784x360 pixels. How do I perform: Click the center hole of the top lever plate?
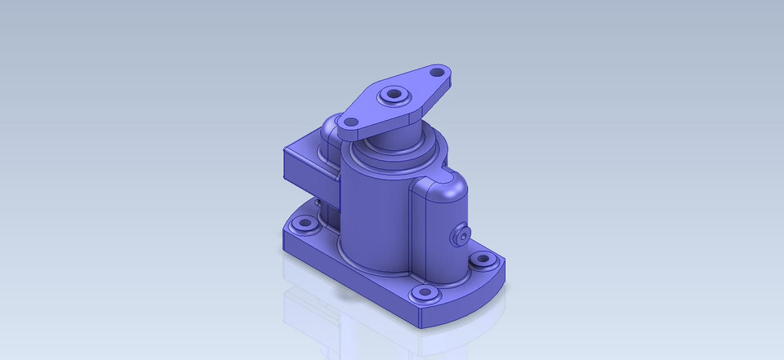point(396,96)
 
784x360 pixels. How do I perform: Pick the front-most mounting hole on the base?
point(424,292)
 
